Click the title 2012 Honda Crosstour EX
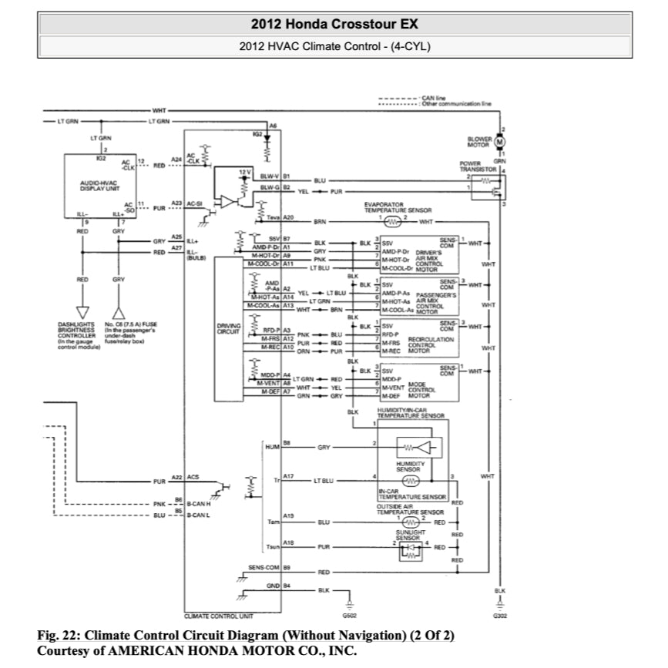pos(334,23)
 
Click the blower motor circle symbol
pos(499,142)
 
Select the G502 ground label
pos(349,616)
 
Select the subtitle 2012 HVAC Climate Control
pos(334,46)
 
